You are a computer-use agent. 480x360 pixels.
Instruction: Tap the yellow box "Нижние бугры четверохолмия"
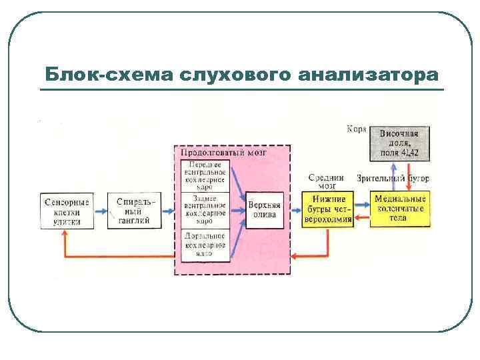[327, 210]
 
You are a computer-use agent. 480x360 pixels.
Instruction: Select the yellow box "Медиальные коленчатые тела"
[399, 209]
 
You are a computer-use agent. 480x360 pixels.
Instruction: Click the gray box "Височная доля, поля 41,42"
[399, 143]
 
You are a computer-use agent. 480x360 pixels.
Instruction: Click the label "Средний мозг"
[326, 181]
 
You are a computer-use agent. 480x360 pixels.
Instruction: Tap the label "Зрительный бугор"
[393, 179]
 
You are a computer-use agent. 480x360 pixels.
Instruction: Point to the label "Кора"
[355, 128]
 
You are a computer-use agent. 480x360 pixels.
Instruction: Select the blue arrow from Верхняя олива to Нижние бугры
[293, 211]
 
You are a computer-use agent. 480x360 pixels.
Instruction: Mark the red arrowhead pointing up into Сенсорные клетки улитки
[65, 235]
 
